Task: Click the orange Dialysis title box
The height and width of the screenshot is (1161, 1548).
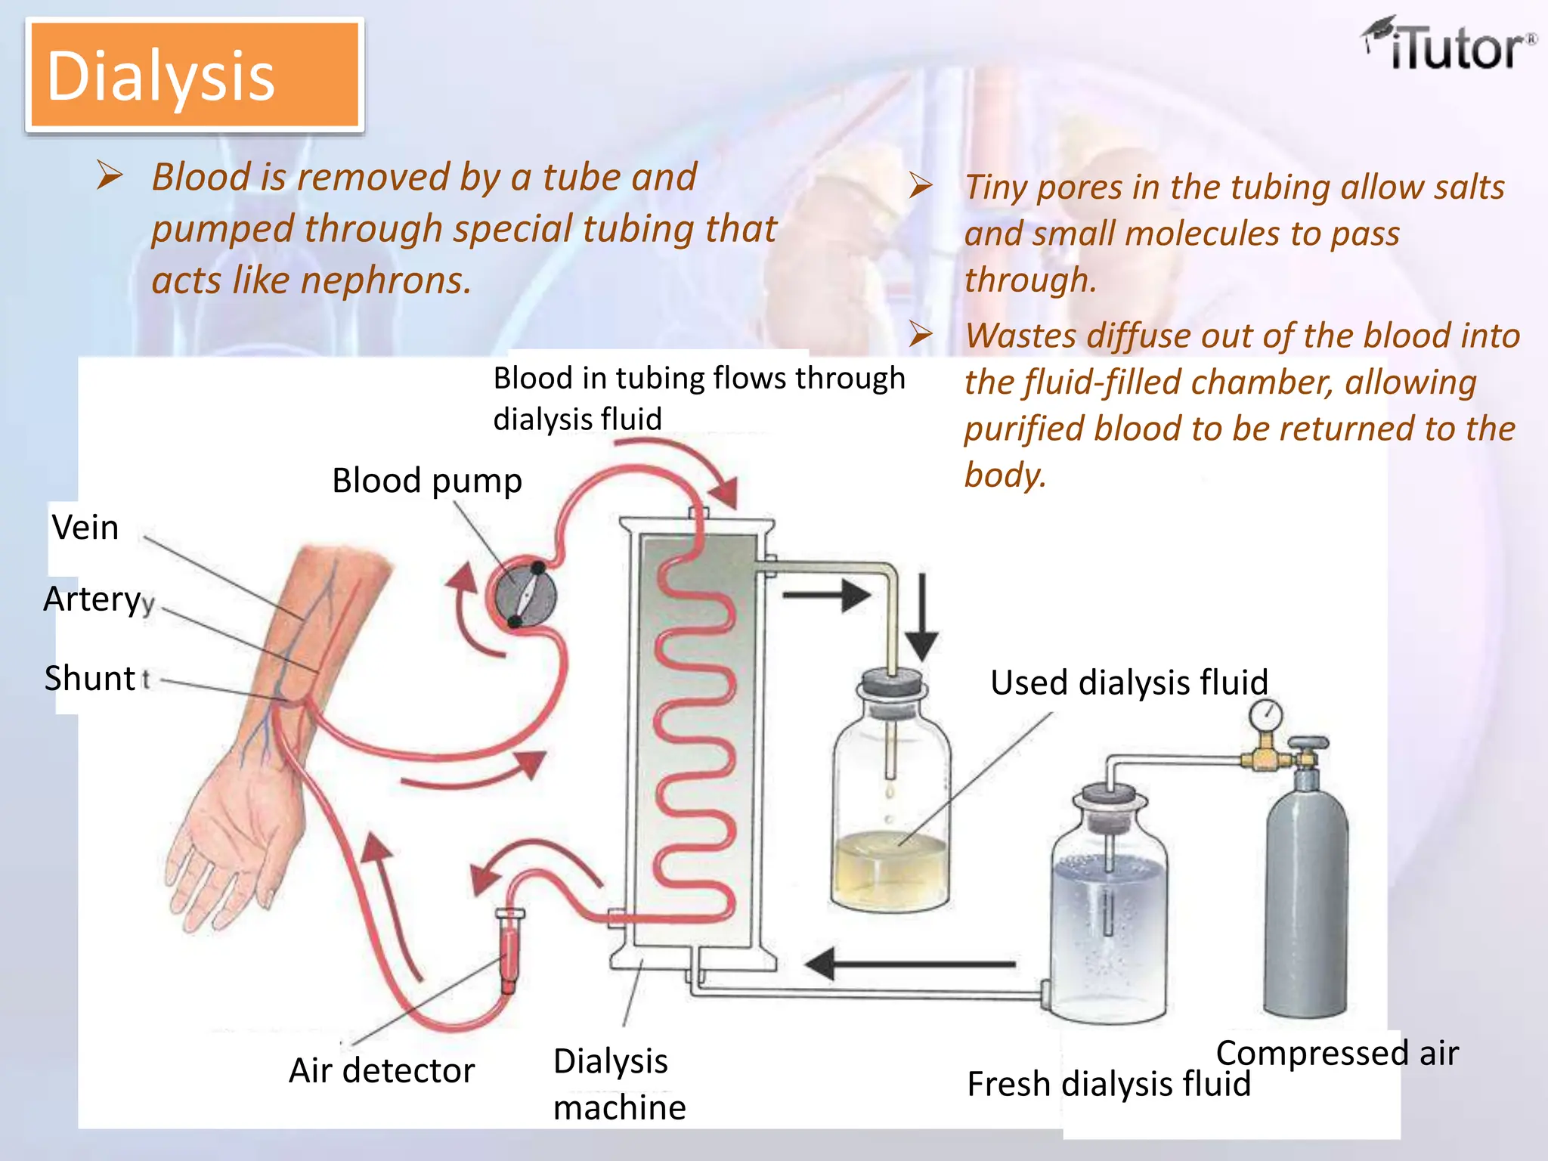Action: click(194, 75)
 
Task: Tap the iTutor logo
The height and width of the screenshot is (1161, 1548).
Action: click(1449, 47)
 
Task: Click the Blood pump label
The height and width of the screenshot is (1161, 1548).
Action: click(427, 481)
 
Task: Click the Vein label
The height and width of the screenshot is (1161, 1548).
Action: click(85, 528)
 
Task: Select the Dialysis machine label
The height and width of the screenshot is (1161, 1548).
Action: click(618, 1084)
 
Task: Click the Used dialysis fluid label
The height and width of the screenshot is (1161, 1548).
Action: click(1128, 683)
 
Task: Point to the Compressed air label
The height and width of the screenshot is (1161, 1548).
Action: click(1336, 1053)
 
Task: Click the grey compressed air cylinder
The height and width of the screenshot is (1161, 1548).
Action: click(1306, 892)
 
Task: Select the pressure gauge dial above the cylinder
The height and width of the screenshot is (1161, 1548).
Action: click(1265, 714)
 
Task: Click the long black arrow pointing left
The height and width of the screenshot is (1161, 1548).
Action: click(911, 964)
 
